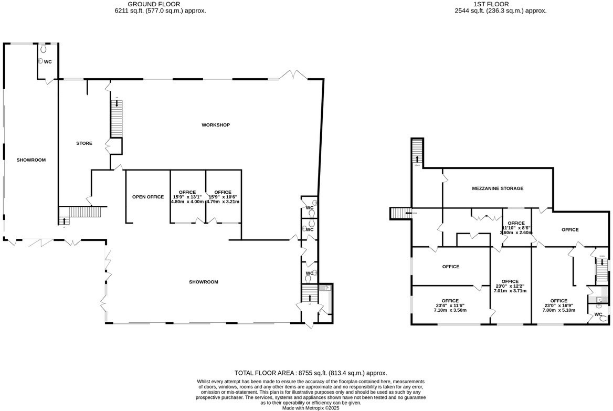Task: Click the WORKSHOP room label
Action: (x=216, y=125)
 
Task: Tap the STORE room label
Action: (x=84, y=143)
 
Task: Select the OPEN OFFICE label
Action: (x=147, y=197)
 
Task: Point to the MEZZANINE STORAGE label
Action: (x=497, y=188)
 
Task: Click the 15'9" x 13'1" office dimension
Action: (x=187, y=197)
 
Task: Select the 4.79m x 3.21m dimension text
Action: (x=223, y=202)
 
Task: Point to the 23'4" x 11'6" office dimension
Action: (x=450, y=305)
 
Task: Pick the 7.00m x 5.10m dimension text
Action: (x=558, y=310)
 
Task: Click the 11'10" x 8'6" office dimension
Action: (x=516, y=228)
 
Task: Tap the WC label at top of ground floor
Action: (x=48, y=62)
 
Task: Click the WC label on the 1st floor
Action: (x=598, y=314)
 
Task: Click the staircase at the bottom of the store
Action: (x=81, y=213)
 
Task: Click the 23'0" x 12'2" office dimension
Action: (x=510, y=286)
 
